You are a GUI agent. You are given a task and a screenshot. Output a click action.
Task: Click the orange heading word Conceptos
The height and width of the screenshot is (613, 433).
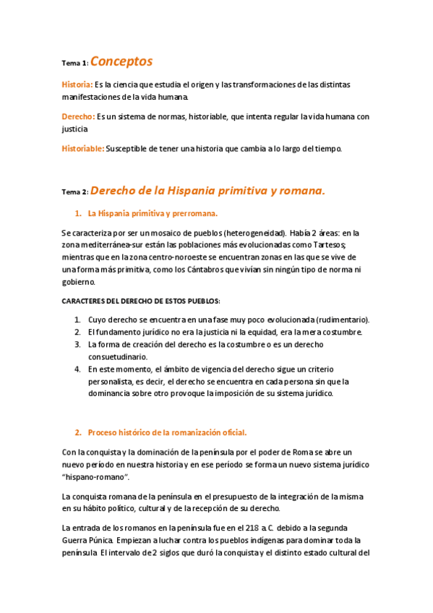(121, 61)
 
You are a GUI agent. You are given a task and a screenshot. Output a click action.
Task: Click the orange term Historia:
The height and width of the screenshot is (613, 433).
(77, 85)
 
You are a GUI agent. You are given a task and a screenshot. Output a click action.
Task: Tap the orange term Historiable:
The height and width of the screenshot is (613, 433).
(83, 149)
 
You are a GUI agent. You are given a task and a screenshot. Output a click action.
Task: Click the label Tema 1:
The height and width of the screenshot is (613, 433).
(74, 64)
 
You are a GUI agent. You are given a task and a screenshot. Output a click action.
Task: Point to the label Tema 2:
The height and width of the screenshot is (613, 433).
(74, 192)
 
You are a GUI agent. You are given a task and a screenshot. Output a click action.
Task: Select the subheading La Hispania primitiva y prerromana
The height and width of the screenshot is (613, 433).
(152, 214)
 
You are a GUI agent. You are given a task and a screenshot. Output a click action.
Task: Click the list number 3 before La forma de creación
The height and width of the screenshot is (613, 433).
(77, 344)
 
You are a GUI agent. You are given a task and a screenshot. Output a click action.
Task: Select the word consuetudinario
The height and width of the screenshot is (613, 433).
(118, 356)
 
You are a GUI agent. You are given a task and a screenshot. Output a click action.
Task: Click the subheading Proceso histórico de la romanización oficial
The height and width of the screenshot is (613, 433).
(167, 432)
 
